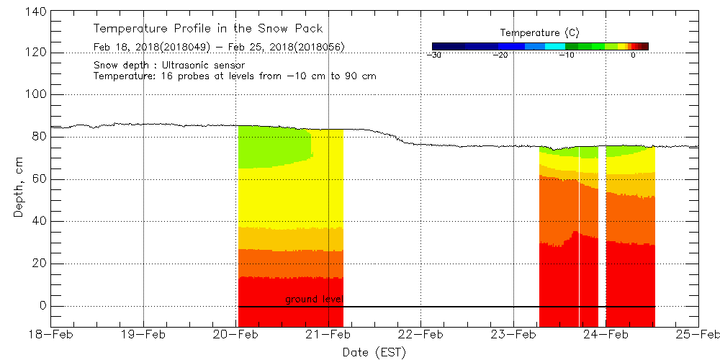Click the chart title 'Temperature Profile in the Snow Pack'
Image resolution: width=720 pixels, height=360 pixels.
208,29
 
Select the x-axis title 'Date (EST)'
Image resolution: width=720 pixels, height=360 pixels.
374,352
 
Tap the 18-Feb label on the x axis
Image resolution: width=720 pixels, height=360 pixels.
51,334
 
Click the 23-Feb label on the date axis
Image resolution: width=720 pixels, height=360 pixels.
513,334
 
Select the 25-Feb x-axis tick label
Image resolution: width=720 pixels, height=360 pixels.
698,334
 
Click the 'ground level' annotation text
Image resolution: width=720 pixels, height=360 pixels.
313,299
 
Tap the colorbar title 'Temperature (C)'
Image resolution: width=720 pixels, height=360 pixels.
539,33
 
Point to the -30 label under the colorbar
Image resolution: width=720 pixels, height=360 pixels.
433,55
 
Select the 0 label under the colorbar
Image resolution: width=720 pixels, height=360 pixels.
633,55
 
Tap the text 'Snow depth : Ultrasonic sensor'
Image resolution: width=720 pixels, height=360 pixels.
168,66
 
